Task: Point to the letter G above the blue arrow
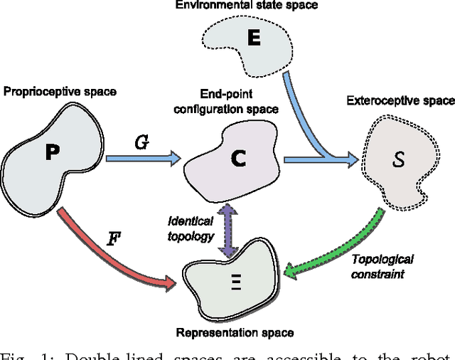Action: point(141,143)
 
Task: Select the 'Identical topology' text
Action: point(191,229)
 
